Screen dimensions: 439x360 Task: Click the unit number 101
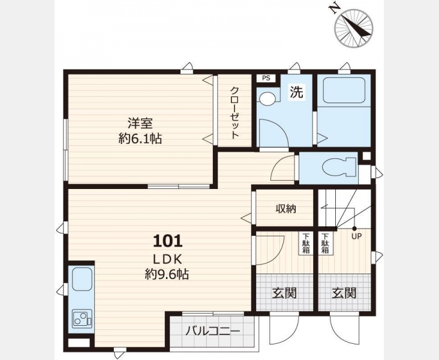click(x=168, y=241)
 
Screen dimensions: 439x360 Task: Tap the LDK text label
click(x=167, y=260)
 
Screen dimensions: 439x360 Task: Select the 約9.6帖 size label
click(x=167, y=275)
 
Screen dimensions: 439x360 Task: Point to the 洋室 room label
click(x=140, y=124)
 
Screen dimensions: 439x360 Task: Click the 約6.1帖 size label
click(x=140, y=139)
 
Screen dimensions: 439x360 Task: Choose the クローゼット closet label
click(x=234, y=113)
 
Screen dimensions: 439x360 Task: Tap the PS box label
click(x=266, y=78)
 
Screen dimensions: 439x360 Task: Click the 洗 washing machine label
click(x=296, y=92)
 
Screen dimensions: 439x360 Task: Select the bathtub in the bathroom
click(x=344, y=90)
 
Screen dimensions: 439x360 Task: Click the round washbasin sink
click(x=267, y=98)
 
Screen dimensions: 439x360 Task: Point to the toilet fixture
click(x=339, y=167)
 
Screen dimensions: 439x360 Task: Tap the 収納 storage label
click(x=286, y=208)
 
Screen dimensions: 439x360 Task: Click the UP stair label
click(x=356, y=236)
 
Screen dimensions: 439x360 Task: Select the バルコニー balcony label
click(x=212, y=331)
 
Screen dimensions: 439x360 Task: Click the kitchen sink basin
click(x=82, y=279)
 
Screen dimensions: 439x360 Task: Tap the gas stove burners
click(x=82, y=319)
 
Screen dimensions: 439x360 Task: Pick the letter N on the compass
click(x=334, y=9)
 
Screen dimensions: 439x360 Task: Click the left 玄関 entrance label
click(x=284, y=293)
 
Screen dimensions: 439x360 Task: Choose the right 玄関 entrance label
click(x=344, y=293)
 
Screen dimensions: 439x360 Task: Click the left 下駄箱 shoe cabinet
click(x=306, y=243)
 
